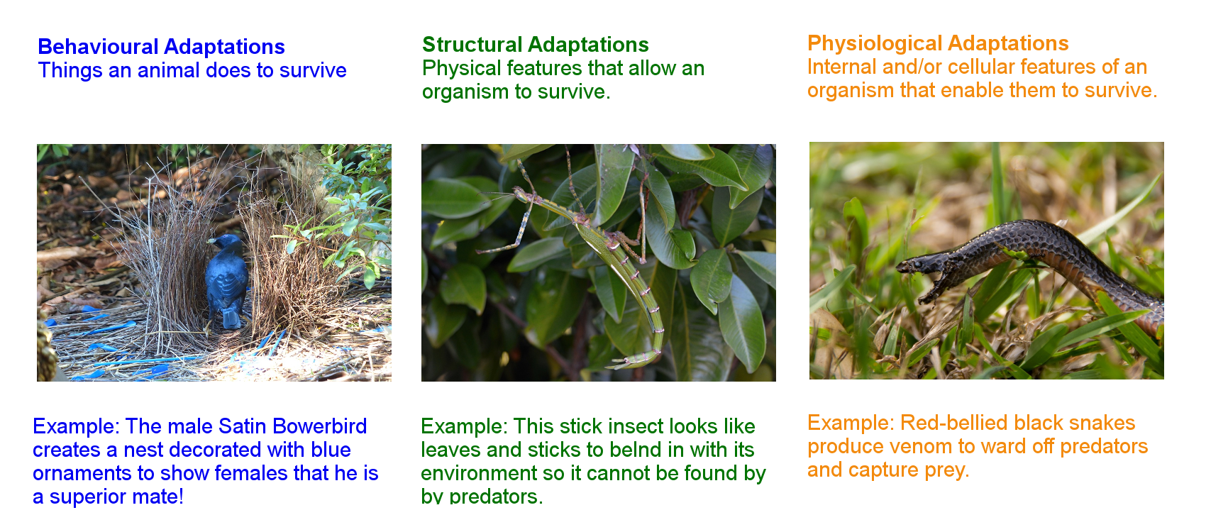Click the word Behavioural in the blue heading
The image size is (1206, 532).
(x=97, y=47)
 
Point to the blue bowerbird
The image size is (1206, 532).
(x=227, y=280)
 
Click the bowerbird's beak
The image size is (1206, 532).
(x=211, y=240)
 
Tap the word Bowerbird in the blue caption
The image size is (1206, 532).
(x=319, y=426)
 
